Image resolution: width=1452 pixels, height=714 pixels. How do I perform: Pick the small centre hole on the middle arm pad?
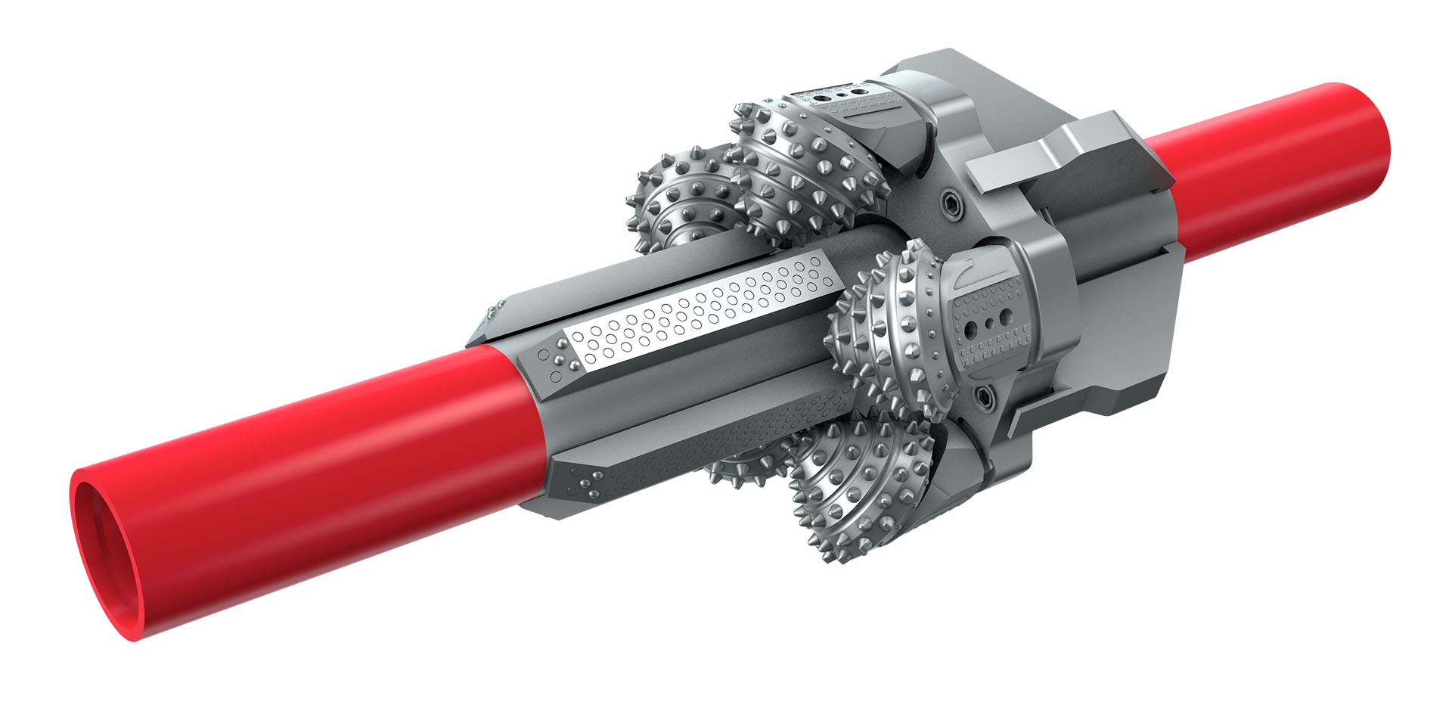(x=988, y=324)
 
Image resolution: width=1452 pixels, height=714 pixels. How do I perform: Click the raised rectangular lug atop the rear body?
(x=1059, y=155)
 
